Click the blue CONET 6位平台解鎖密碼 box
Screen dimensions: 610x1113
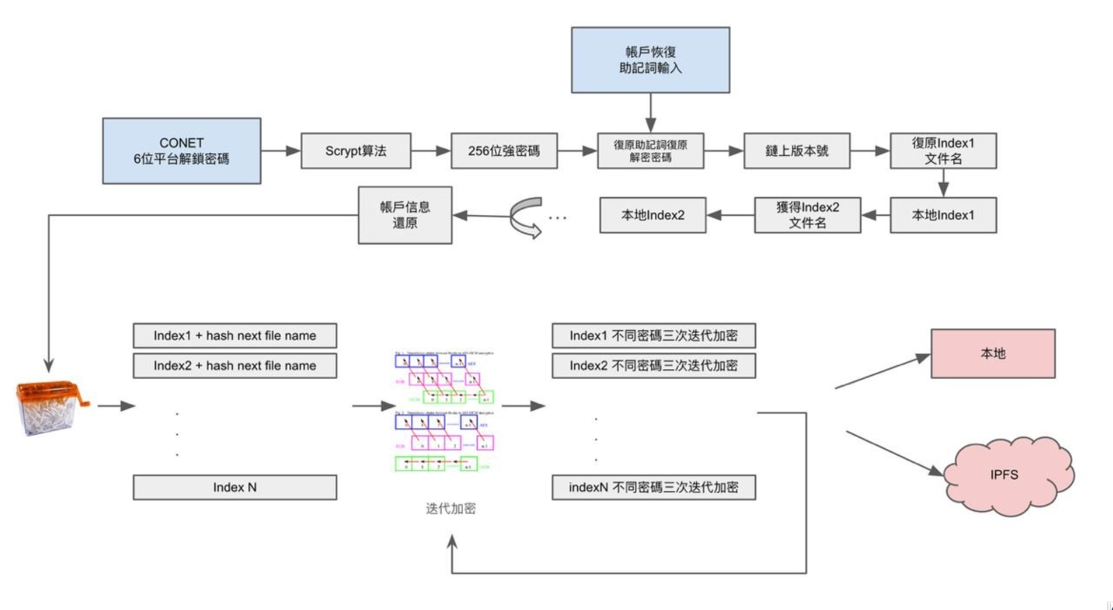[181, 150]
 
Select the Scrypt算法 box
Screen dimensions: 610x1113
[355, 151]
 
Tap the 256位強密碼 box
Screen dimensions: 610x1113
[504, 151]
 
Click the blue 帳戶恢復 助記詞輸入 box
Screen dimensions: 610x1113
[650, 60]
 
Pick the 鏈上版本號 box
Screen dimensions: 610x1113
[797, 151]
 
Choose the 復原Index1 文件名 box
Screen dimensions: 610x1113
[943, 151]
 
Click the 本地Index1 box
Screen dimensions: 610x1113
[943, 215]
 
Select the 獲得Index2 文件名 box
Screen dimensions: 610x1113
[807, 215]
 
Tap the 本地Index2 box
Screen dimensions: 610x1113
[652, 215]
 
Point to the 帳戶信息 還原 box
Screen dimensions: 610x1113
[405, 215]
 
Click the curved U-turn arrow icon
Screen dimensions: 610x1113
[526, 217]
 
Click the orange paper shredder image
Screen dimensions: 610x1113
[50, 407]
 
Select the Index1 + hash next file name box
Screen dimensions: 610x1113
[235, 336]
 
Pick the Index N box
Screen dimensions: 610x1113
[235, 487]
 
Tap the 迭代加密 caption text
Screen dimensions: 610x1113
[451, 509]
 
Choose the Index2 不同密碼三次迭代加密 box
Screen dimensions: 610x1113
[653, 366]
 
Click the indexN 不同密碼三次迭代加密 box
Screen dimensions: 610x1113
[653, 487]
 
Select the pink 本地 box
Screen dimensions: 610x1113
[992, 354]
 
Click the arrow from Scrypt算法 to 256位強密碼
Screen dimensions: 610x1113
[430, 151]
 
